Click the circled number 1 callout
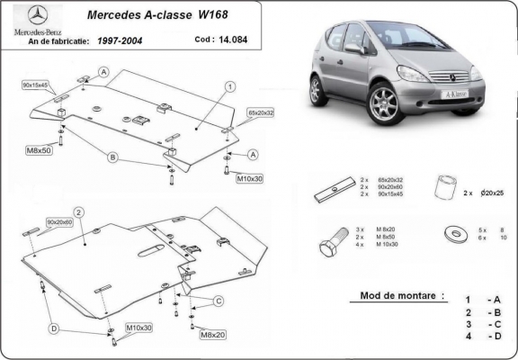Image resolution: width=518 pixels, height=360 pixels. click(x=230, y=86)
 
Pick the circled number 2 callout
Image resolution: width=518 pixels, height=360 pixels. click(x=79, y=212)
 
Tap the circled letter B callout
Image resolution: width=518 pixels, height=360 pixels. click(x=113, y=157)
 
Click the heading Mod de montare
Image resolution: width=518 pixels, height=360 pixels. click(x=390, y=295)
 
